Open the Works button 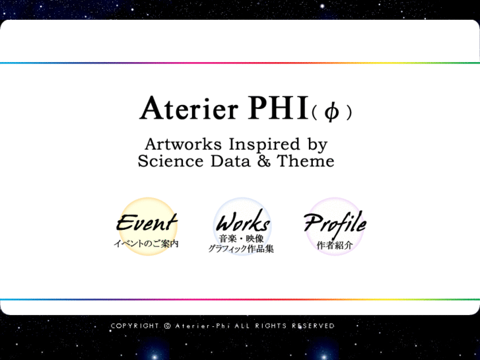pos(242,221)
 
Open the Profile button pos(335,223)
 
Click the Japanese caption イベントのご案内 pos(146,244)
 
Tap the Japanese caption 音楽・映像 pos(241,238)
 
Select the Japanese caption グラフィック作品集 pos(241,249)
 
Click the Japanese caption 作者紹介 pos(335,244)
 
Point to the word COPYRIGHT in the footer pos(135,326)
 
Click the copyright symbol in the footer pos(167,326)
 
